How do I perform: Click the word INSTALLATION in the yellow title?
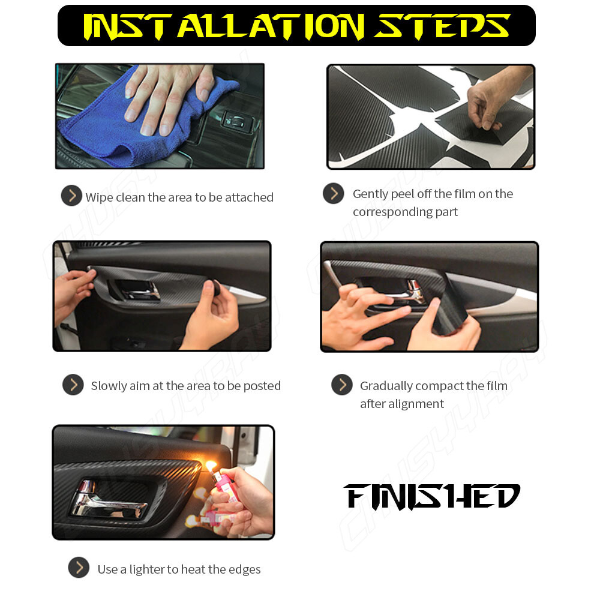[224, 26]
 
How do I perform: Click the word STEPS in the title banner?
[442, 26]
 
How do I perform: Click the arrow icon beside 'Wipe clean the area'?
[71, 196]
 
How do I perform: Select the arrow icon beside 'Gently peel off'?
[333, 193]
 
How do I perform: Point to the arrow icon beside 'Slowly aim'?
[73, 385]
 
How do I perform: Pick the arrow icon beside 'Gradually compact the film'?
[342, 385]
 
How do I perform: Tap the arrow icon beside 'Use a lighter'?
[79, 568]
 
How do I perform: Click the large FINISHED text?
[432, 496]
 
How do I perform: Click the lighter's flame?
[211, 466]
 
